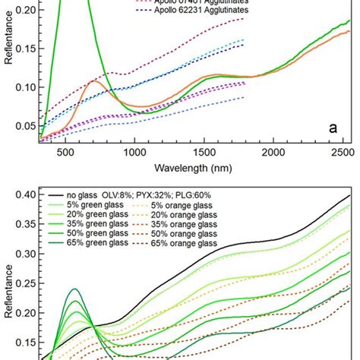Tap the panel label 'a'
pos(333,128)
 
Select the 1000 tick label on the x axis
pos(135,151)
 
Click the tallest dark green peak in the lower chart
pos(73,289)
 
